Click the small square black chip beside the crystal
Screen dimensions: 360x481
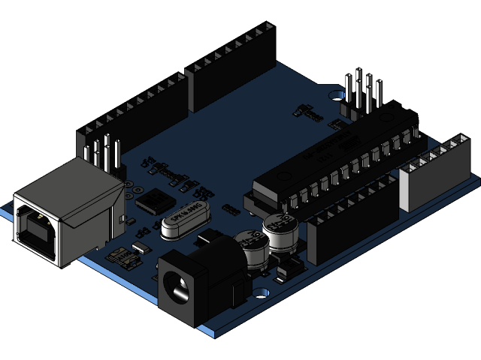[153, 200]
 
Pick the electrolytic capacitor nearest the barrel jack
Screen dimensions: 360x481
[250, 247]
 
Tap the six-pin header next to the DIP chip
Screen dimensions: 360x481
[361, 93]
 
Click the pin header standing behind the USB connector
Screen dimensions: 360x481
[104, 154]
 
